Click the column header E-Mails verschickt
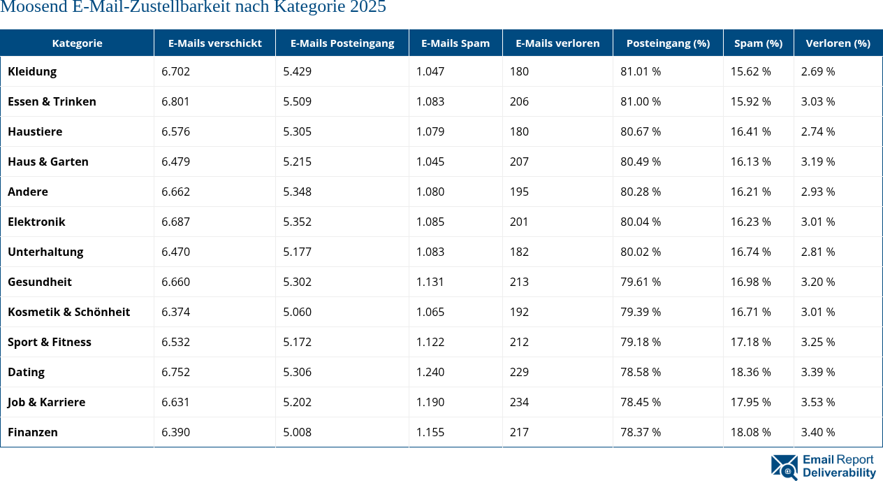(x=214, y=43)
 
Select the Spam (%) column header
(x=758, y=43)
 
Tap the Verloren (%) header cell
(x=838, y=43)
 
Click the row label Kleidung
(x=32, y=71)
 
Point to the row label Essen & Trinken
(x=52, y=101)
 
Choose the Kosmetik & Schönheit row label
(x=68, y=312)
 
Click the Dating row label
(x=26, y=372)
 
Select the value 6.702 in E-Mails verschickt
(x=175, y=71)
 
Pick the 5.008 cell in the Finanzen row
(x=297, y=432)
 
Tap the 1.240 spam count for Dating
(x=430, y=372)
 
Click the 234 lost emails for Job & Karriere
(x=519, y=402)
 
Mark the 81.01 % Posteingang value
(x=640, y=71)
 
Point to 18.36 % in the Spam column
(x=750, y=372)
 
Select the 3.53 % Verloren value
(x=817, y=402)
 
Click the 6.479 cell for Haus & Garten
(x=175, y=161)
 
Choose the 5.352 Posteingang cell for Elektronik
(x=297, y=222)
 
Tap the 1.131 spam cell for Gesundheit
(x=430, y=282)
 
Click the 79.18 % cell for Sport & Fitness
(x=640, y=342)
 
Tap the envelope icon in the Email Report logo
(x=784, y=467)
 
